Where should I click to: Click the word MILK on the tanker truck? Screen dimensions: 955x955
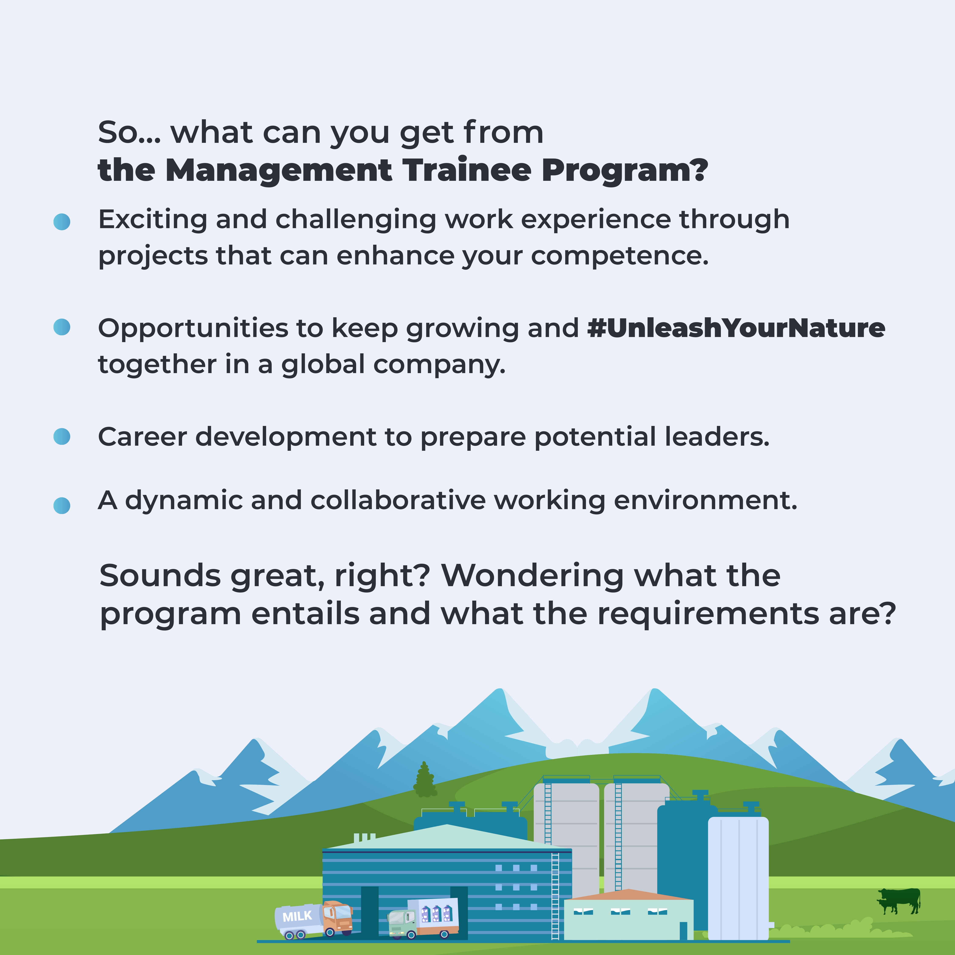point(297,917)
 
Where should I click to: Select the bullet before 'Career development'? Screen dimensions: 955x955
point(62,437)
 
